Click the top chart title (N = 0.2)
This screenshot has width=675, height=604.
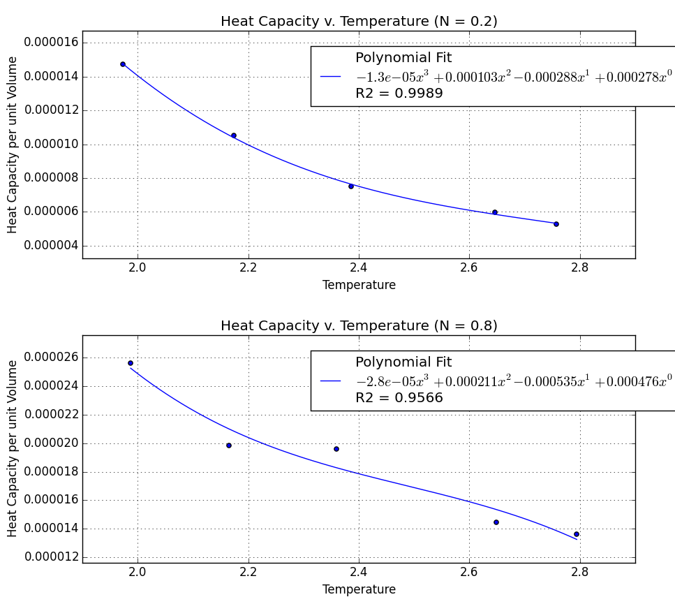click(359, 22)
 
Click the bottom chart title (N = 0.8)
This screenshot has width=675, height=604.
click(359, 326)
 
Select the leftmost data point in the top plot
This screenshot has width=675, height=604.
click(123, 64)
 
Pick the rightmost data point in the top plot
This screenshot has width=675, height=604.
click(556, 224)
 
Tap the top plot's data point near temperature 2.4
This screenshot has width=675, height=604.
click(351, 186)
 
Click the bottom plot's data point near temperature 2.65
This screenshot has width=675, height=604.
click(496, 522)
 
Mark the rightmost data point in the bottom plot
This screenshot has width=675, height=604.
click(577, 534)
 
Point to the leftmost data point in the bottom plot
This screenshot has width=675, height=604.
click(131, 363)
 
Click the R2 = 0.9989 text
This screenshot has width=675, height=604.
click(399, 94)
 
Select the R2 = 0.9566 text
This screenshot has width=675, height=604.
click(399, 398)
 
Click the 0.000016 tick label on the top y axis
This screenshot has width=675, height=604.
click(51, 43)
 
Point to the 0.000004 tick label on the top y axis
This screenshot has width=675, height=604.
click(51, 246)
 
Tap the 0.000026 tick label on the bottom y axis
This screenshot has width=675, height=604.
click(51, 358)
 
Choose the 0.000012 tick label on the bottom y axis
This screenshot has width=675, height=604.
click(51, 557)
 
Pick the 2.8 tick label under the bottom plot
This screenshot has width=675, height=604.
click(579, 572)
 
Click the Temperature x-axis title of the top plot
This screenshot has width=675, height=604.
click(359, 285)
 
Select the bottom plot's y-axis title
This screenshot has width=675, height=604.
click(13, 449)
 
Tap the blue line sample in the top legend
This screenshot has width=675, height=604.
click(330, 77)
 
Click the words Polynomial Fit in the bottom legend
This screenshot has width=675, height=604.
click(403, 362)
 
